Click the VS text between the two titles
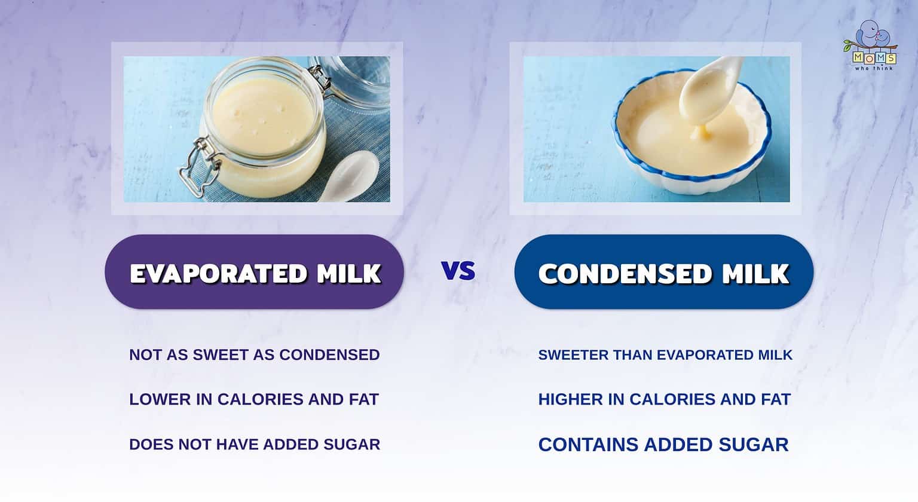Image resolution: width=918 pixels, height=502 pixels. pos(458,271)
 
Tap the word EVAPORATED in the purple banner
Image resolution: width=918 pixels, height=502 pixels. pos(218,274)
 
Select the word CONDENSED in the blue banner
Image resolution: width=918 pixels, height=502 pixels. pos(625,274)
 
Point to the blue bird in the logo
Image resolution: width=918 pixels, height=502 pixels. pos(870,36)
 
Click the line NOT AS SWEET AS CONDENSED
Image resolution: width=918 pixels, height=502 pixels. pos(254,354)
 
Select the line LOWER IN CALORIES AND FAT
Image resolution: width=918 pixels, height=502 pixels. pos(254,399)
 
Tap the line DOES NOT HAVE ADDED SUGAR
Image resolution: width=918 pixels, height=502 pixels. pos(254,445)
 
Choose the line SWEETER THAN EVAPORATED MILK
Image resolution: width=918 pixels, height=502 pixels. pos(665,354)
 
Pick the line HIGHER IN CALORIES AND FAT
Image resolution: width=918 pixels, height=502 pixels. pos(664,399)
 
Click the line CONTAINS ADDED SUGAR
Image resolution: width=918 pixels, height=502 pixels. pos(663,445)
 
